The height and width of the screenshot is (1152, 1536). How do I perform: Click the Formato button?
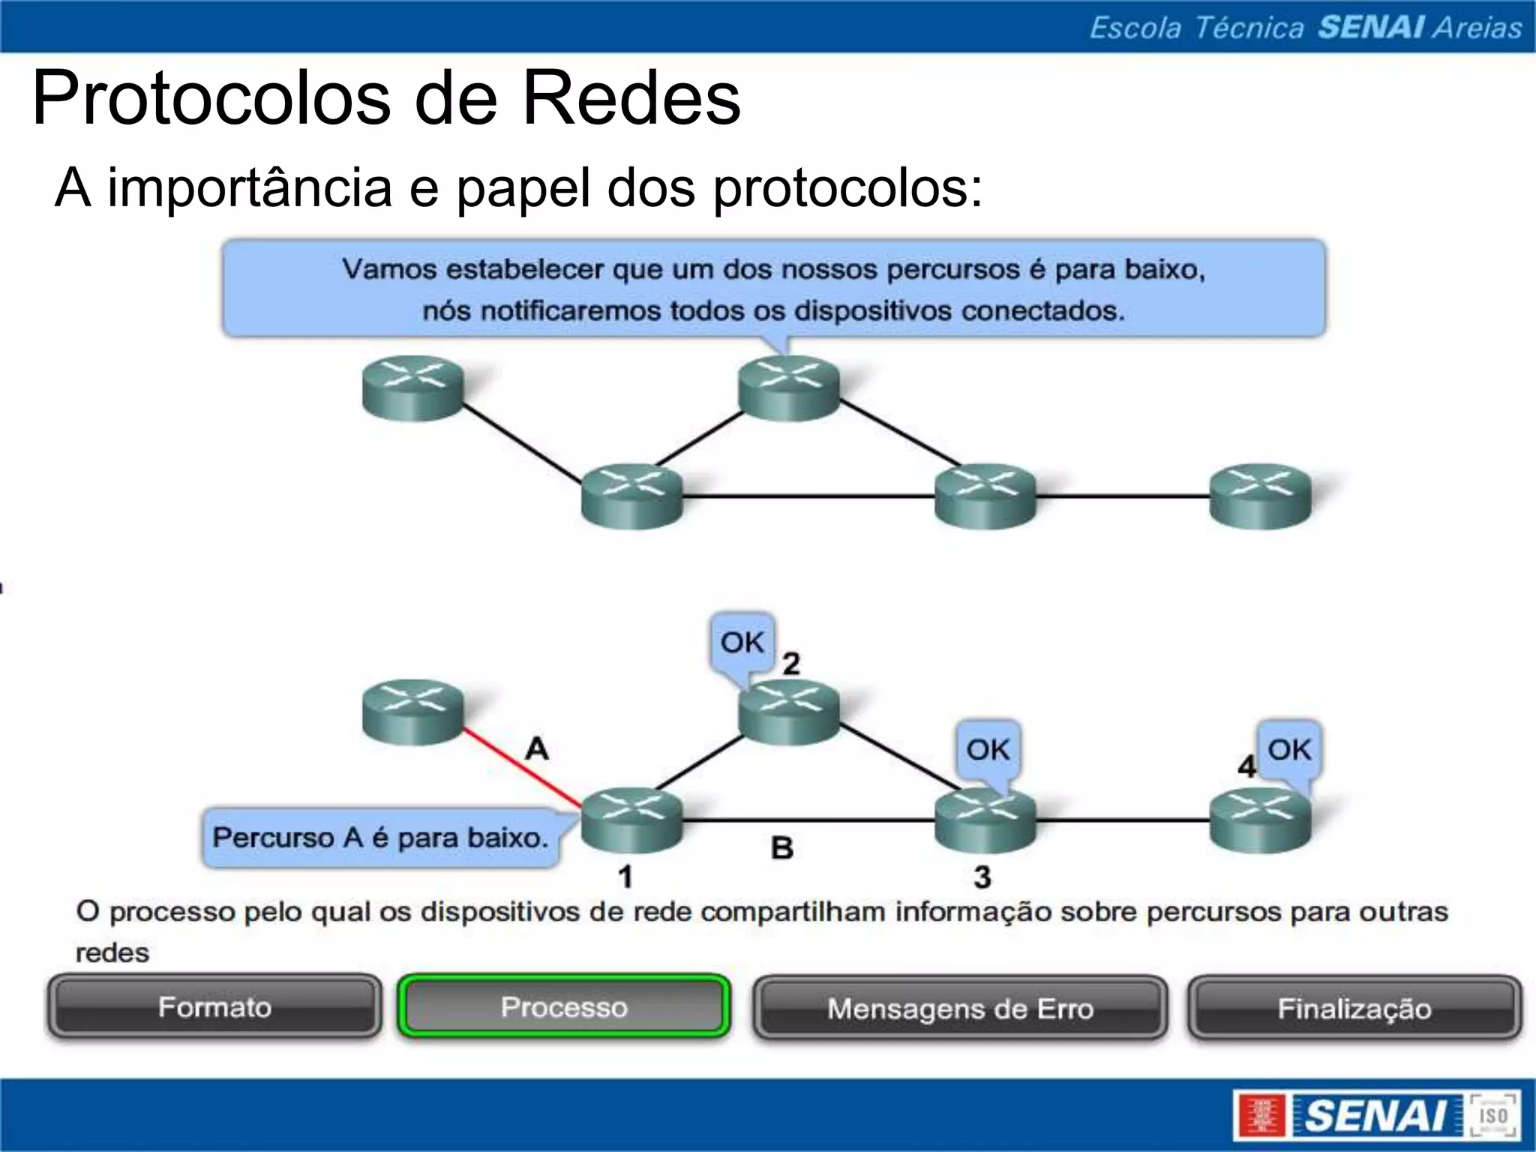point(214,1007)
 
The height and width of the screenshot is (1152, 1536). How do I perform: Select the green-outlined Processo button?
point(564,1007)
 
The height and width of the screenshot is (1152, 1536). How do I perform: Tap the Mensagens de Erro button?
point(960,1009)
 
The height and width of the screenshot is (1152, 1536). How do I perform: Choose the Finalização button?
point(1354,1009)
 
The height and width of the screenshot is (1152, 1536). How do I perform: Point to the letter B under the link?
point(782,848)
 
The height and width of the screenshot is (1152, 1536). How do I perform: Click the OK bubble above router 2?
point(742,643)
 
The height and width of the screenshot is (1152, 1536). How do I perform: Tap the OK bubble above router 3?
point(988,750)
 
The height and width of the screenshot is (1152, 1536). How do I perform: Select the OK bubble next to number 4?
point(1289,750)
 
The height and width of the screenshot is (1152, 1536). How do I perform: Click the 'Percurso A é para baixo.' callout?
point(380,838)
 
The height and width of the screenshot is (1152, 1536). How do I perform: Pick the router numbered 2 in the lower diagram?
point(789,712)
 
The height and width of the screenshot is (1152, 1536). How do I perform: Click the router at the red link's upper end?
point(412,712)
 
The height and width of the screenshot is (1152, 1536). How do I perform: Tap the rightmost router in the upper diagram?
point(1261,496)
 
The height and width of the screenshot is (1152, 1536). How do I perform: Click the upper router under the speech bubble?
point(789,387)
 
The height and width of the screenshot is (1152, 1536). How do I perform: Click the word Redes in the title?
point(631,98)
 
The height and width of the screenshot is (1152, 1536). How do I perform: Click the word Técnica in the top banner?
point(1249,28)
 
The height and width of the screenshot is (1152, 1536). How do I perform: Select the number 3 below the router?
point(982,877)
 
